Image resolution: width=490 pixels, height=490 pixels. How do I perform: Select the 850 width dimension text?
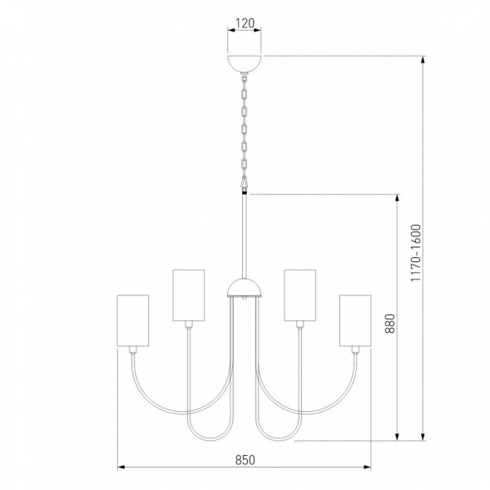(244, 459)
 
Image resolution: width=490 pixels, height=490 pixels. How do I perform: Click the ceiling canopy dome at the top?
(244, 62)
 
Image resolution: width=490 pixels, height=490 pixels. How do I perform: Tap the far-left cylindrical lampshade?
(132, 320)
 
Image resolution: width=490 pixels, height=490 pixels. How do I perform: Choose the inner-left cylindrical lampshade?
(188, 294)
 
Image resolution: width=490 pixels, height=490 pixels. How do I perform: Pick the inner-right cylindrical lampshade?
(299, 294)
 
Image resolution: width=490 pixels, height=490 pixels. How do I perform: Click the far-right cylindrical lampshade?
(355, 320)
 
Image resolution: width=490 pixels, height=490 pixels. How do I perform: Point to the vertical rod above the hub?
(245, 237)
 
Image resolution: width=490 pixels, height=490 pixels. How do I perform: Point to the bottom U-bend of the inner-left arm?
(205, 436)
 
